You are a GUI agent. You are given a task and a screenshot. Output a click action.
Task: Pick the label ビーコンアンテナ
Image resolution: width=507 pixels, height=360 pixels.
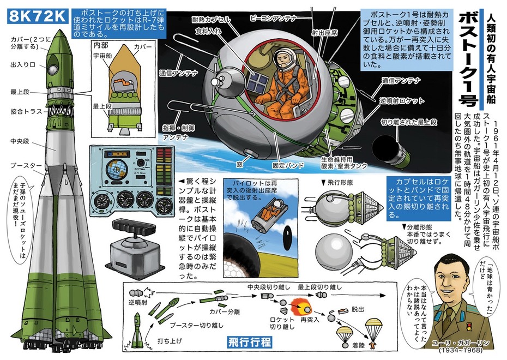pos(273,18)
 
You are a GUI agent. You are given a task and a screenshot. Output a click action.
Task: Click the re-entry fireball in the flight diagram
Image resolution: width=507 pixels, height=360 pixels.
pos(300,304)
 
